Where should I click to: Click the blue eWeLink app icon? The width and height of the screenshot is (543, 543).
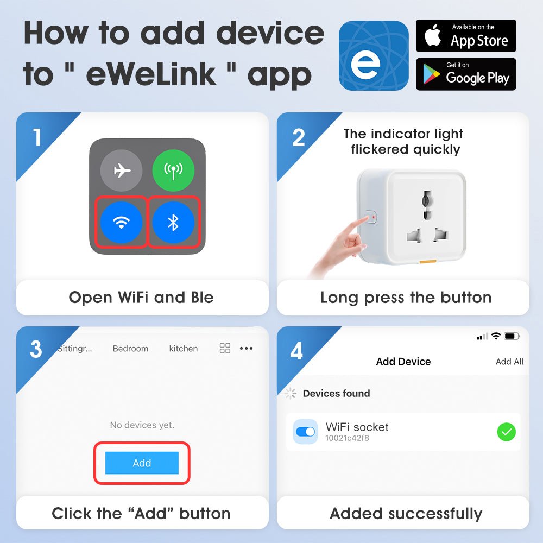pos(374,55)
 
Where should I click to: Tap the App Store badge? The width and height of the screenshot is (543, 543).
pos(466,36)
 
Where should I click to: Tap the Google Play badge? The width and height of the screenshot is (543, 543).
pos(466,74)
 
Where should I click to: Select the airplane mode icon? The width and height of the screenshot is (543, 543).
pos(122,171)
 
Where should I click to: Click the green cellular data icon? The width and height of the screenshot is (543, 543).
pos(173,171)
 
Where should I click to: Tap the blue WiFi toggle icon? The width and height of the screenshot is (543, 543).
pos(122,222)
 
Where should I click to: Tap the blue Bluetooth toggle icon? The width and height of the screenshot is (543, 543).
pos(173,222)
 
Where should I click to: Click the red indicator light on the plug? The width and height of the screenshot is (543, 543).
pos(373,218)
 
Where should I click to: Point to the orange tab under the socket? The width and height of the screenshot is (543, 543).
pos(427,263)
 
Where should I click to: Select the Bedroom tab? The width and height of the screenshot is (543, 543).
pos(130,349)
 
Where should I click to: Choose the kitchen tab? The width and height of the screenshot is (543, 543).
pos(184,349)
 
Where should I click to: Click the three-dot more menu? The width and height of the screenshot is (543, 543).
pos(246,349)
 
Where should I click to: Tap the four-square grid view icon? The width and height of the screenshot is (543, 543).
pos(225,349)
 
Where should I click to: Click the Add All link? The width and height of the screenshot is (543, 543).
pos(509,362)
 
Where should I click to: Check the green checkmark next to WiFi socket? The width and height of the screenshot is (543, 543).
pos(506,432)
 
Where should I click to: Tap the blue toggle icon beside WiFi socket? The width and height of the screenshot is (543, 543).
pos(305,432)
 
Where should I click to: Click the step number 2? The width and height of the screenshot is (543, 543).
pos(299,138)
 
